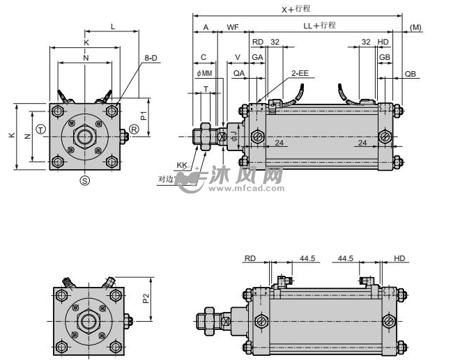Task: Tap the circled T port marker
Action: click(x=41, y=130)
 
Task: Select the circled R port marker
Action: click(x=134, y=130)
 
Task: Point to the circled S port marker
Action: click(x=85, y=180)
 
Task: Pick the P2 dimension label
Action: click(x=146, y=297)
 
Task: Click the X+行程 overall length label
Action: click(x=296, y=9)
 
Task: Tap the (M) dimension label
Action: click(x=416, y=27)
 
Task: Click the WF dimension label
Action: click(x=233, y=27)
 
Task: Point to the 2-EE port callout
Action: click(x=300, y=72)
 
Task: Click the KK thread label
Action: click(x=183, y=165)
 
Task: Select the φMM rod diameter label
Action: click(x=204, y=72)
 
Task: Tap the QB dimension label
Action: click(x=411, y=72)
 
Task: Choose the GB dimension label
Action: click(x=385, y=57)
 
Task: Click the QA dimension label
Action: click(x=239, y=72)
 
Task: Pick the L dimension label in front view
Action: click(x=113, y=26)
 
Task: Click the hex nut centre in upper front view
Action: click(x=85, y=134)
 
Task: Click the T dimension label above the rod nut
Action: click(x=206, y=88)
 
